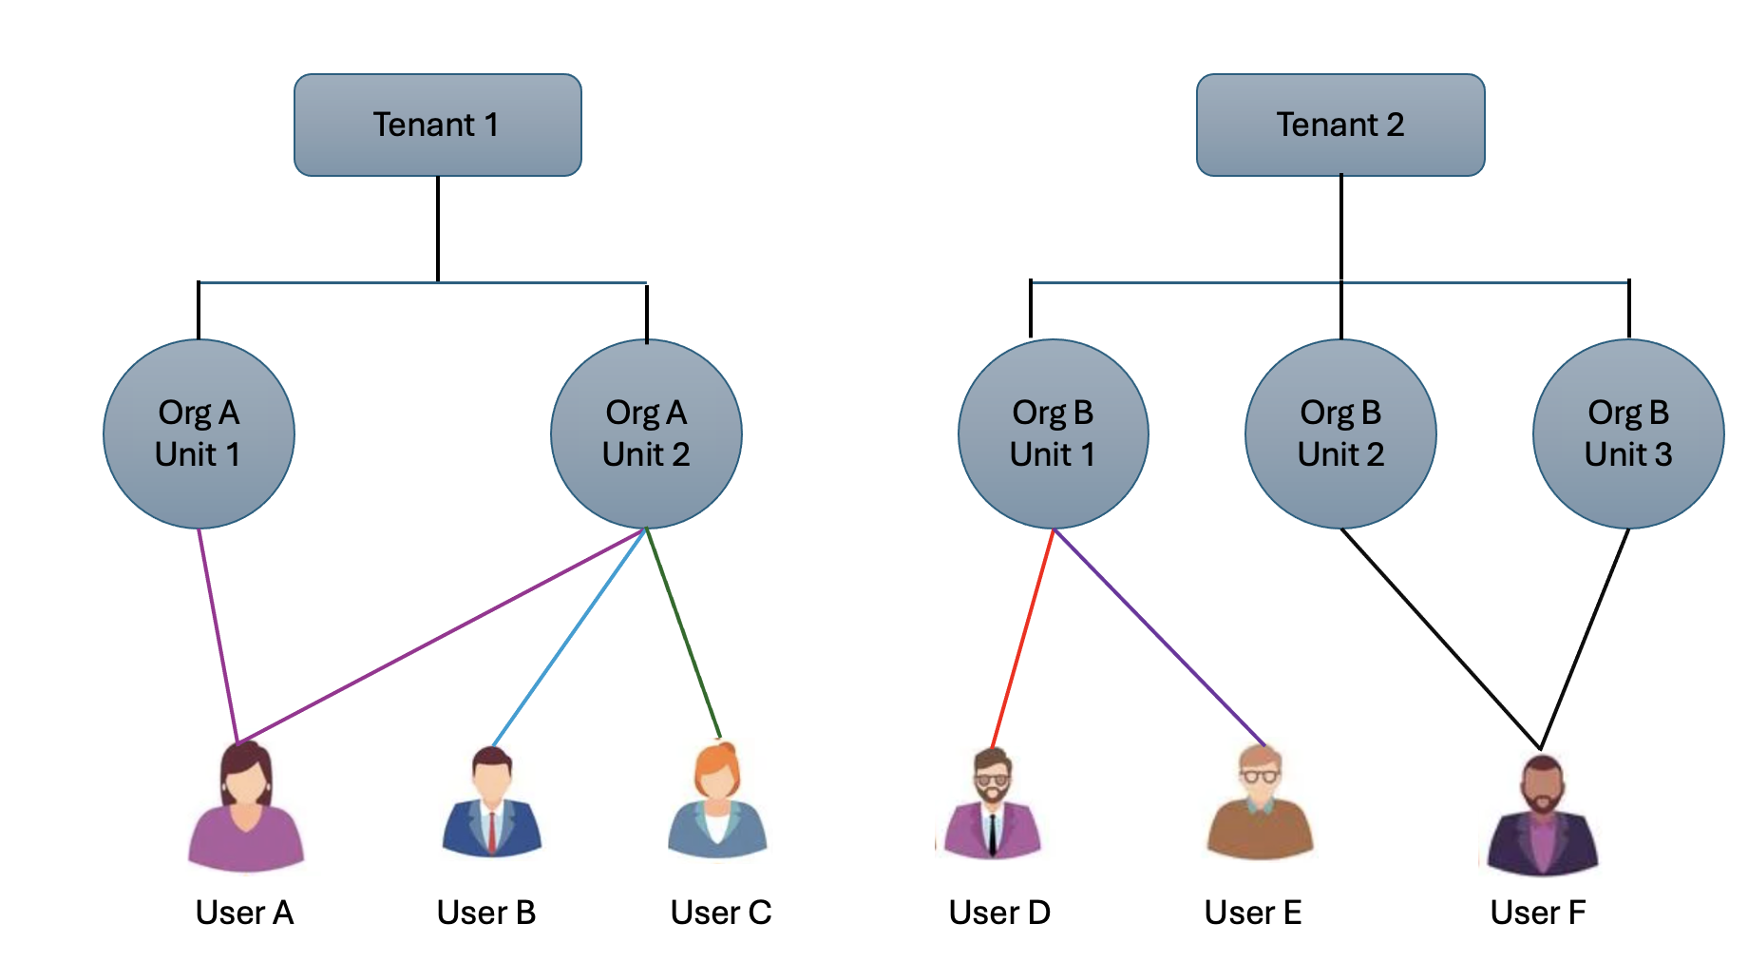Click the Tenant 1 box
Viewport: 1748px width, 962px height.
pyautogui.click(x=437, y=125)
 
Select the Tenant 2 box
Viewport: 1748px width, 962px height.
pyautogui.click(x=1339, y=125)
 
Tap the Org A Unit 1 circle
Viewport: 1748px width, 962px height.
pyautogui.click(x=199, y=433)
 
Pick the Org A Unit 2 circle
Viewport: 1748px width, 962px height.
pyautogui.click(x=646, y=433)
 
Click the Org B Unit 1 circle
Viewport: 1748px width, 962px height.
pyautogui.click(x=1053, y=433)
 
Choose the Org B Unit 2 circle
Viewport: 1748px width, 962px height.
pyautogui.click(x=1340, y=433)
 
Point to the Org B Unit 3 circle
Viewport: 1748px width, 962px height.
pyautogui.click(x=1628, y=433)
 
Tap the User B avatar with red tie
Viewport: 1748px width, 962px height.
pyautogui.click(x=491, y=803)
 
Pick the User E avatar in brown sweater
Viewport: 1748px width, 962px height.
pyautogui.click(x=1260, y=803)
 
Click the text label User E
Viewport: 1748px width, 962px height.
pyautogui.click(x=1252, y=913)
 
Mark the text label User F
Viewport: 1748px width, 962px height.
pyautogui.click(x=1537, y=913)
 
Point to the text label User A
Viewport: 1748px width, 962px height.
pyautogui.click(x=244, y=913)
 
